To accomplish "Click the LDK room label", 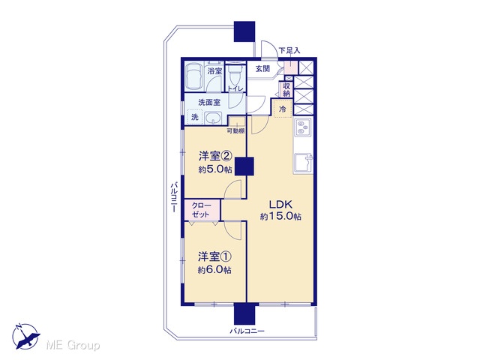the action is tap(280, 204).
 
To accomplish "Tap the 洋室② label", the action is tap(214, 157).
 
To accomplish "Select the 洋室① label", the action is tap(214, 256).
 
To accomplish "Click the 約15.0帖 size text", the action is tap(280, 217).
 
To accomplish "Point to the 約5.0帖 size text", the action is tap(215, 169).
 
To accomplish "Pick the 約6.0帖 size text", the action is tap(214, 270).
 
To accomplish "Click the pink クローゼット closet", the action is tap(202, 210).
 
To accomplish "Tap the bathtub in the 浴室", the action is tap(194, 76).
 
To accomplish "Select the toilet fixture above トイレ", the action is tap(235, 74).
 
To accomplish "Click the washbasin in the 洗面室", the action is tap(213, 118).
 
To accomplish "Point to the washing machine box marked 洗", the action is tap(195, 117).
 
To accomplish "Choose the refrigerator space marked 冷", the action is tap(283, 108).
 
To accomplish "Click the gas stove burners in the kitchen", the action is tap(302, 127).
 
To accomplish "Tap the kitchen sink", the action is tap(303, 162).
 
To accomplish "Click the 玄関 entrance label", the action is tap(262, 68).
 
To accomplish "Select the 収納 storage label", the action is tap(286, 90).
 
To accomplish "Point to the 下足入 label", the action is tap(289, 50).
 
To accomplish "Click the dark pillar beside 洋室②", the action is tap(244, 166).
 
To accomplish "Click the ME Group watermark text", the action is tap(73, 345).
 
